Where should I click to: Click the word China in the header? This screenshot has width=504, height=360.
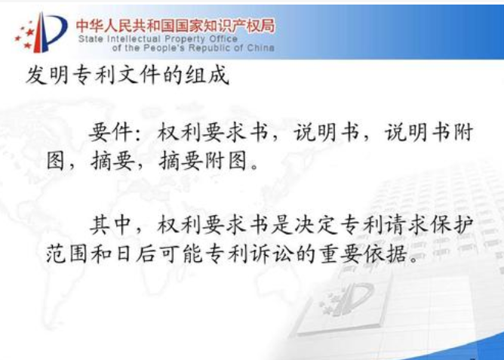tap(261, 48)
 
